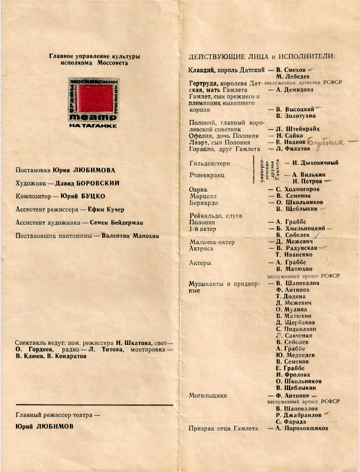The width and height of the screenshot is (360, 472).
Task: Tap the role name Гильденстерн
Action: tap(209, 163)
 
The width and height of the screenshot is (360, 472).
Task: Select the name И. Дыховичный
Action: tap(311, 163)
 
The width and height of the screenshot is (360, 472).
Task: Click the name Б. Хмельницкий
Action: tap(300, 229)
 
